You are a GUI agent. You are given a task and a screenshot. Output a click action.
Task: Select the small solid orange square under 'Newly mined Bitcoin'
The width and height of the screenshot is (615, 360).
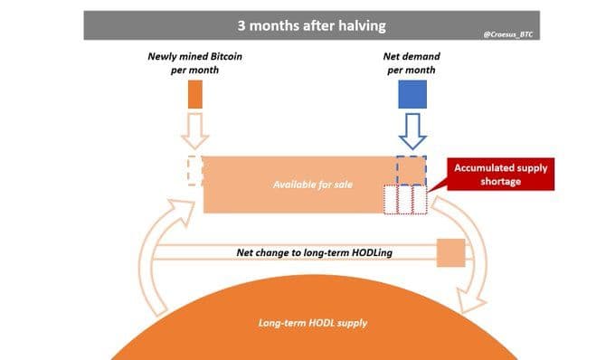pos(195,94)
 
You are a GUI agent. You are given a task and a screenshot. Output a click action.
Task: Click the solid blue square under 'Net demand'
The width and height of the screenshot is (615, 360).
pos(412,94)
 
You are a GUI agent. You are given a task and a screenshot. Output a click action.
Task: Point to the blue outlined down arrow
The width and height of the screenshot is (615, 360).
pos(412,131)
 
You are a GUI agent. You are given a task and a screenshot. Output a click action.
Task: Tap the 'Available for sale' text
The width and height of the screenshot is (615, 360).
pos(312,185)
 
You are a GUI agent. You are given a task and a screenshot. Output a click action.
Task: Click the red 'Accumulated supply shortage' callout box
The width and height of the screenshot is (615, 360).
pos(500,174)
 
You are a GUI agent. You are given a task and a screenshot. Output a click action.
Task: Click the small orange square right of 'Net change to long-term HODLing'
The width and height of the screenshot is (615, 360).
pos(450,253)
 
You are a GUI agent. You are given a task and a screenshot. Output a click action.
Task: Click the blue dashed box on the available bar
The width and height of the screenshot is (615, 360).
pos(412,169)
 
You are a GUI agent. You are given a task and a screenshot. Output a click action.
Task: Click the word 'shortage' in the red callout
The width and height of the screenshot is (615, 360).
pos(501,181)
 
